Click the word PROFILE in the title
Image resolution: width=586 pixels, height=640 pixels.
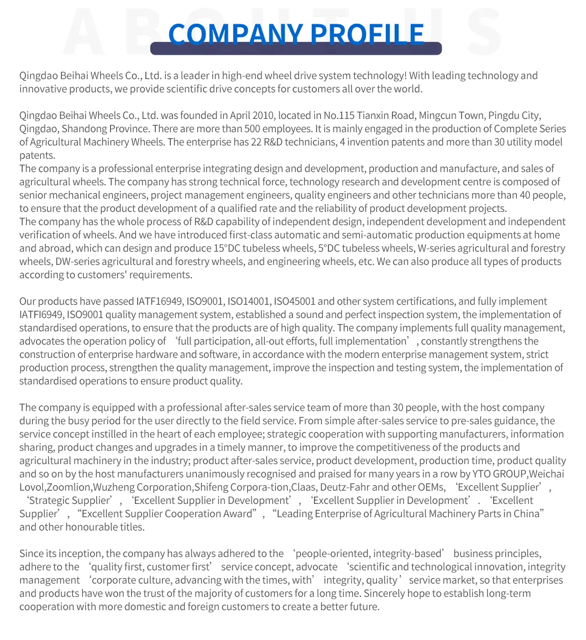(x=368, y=34)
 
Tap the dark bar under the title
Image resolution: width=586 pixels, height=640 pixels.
(x=296, y=49)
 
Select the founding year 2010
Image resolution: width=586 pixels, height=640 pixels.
(x=263, y=116)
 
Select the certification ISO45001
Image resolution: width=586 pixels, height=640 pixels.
(x=295, y=301)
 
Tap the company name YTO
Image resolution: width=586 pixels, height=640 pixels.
(x=482, y=474)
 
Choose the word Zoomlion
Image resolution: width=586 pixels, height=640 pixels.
(x=69, y=487)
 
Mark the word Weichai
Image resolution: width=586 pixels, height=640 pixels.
(x=547, y=474)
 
